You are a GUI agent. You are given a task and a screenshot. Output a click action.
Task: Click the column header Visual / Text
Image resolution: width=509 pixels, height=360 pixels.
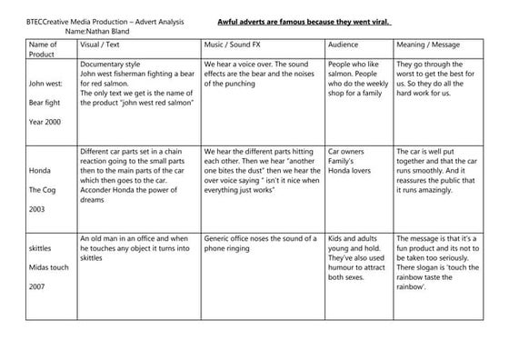(105, 44)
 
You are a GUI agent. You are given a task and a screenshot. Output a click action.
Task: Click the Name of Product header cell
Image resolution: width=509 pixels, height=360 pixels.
(43, 49)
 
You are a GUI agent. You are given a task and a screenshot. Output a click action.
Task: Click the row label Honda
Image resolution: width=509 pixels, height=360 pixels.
(41, 170)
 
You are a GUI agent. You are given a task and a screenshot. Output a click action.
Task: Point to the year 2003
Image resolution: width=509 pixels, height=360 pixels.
(39, 209)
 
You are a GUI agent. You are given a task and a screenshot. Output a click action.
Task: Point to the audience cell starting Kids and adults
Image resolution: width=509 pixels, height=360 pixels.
(355, 257)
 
